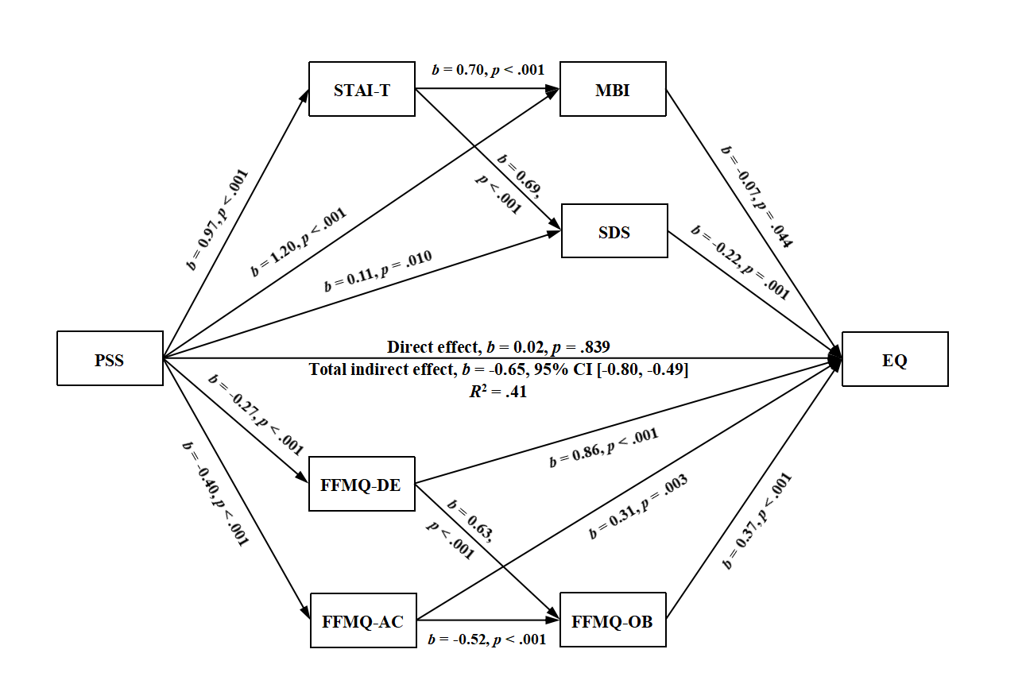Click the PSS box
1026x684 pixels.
point(110,359)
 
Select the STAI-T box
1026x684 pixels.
point(362,89)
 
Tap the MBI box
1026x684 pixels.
point(613,89)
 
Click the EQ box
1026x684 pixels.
point(894,359)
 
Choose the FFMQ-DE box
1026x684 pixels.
point(362,484)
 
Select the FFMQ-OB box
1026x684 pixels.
point(613,620)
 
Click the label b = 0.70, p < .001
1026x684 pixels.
point(487,70)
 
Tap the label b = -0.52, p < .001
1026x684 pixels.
point(487,639)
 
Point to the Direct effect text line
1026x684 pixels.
point(498,347)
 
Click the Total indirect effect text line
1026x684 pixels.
point(498,369)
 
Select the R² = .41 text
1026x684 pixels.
point(498,391)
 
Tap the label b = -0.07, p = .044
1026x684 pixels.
point(756,196)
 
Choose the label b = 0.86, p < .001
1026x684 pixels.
point(603,450)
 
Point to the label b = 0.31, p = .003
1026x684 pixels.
point(638,507)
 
